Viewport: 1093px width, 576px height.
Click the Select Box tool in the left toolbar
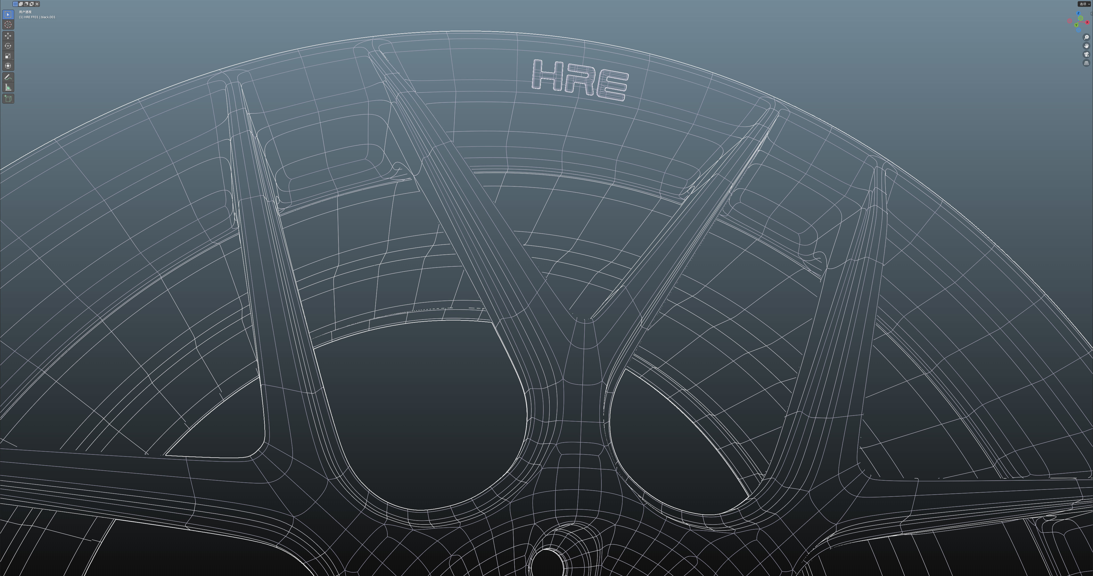pos(8,15)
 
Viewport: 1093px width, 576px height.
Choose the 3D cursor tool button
pos(8,24)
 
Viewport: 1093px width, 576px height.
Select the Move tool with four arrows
pos(8,36)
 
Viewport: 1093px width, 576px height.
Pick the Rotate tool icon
pos(8,46)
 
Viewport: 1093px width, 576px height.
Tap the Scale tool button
pos(8,55)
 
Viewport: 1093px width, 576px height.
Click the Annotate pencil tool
pos(8,77)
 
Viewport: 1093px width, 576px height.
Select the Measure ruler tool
pos(8,87)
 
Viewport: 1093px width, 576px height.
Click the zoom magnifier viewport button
pos(1086,37)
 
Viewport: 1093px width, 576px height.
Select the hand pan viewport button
pos(1086,46)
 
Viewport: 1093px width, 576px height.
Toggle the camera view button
pos(1086,54)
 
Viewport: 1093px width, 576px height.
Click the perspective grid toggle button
pos(1086,63)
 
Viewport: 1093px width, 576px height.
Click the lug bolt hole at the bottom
pos(548,562)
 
